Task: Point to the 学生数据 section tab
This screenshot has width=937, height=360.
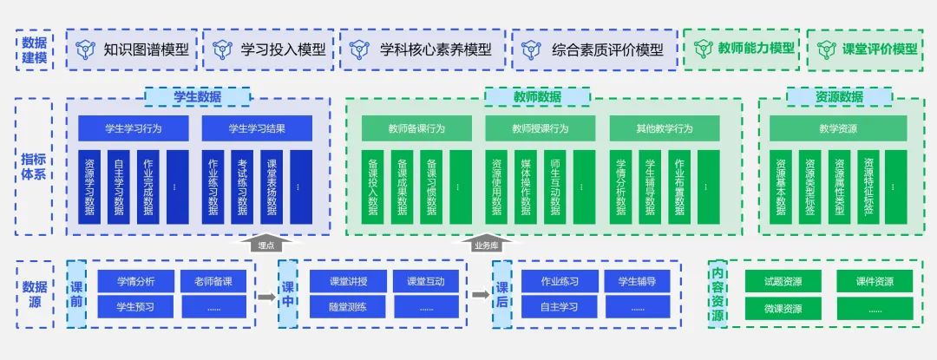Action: tap(198, 96)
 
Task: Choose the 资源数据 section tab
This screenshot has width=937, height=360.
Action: tap(839, 96)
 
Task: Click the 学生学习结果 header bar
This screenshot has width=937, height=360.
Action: tap(257, 129)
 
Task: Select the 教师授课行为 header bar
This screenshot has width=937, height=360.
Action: tap(540, 129)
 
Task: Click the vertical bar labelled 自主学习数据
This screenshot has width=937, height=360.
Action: tap(119, 186)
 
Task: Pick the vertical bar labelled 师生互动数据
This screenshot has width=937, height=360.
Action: tap(555, 186)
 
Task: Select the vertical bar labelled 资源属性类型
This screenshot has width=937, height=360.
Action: tap(838, 186)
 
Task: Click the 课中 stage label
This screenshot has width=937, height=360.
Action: tap(288, 293)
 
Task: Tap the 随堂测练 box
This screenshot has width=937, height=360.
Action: tap(348, 307)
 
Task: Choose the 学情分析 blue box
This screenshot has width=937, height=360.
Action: tap(137, 281)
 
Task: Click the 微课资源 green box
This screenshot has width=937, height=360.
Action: tap(783, 307)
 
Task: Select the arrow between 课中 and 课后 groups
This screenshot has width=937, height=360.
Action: tap(480, 295)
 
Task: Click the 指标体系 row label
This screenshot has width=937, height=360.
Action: tap(34, 167)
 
